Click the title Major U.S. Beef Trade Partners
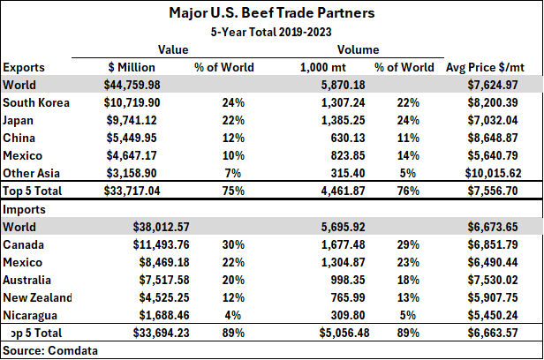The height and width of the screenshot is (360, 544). click(272, 14)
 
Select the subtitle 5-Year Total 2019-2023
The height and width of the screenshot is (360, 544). click(272, 32)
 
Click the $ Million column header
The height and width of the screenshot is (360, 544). click(132, 67)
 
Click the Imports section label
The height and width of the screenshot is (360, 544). click(24, 209)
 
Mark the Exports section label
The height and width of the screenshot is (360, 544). click(24, 67)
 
